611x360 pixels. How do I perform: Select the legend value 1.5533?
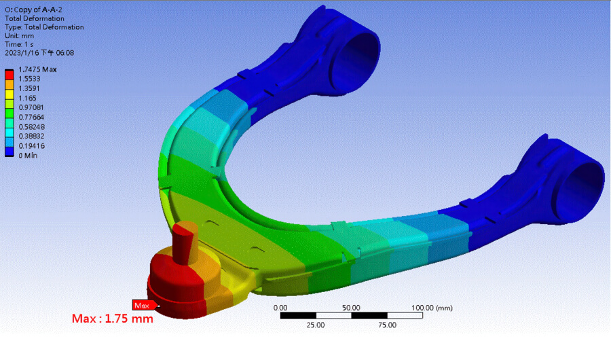(x=29, y=79)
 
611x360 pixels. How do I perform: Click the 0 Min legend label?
(x=28, y=155)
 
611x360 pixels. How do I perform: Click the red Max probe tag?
(x=141, y=305)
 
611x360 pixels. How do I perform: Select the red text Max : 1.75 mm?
(x=112, y=318)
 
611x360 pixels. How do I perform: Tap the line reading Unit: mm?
(x=20, y=36)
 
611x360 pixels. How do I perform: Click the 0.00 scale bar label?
(x=280, y=308)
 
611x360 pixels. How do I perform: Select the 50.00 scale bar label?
(x=351, y=308)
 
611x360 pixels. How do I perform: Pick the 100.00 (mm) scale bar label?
(x=432, y=308)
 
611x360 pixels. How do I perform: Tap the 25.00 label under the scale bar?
(x=315, y=325)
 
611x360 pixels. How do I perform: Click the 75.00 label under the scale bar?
(x=387, y=325)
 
